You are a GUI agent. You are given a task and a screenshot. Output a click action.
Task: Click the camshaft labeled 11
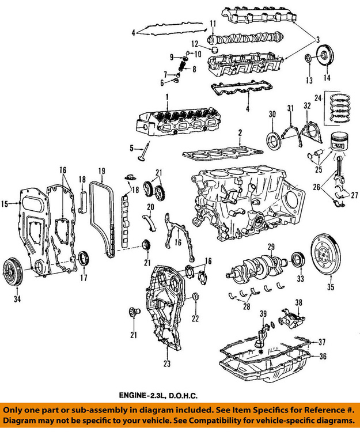coord(245,39)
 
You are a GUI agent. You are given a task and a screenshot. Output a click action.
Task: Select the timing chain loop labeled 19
coord(103,219)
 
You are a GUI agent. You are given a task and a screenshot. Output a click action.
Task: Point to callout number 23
coord(166,364)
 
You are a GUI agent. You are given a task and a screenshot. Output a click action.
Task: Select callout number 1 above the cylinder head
coord(166,96)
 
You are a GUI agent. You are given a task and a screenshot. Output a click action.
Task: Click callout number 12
coord(195,44)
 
